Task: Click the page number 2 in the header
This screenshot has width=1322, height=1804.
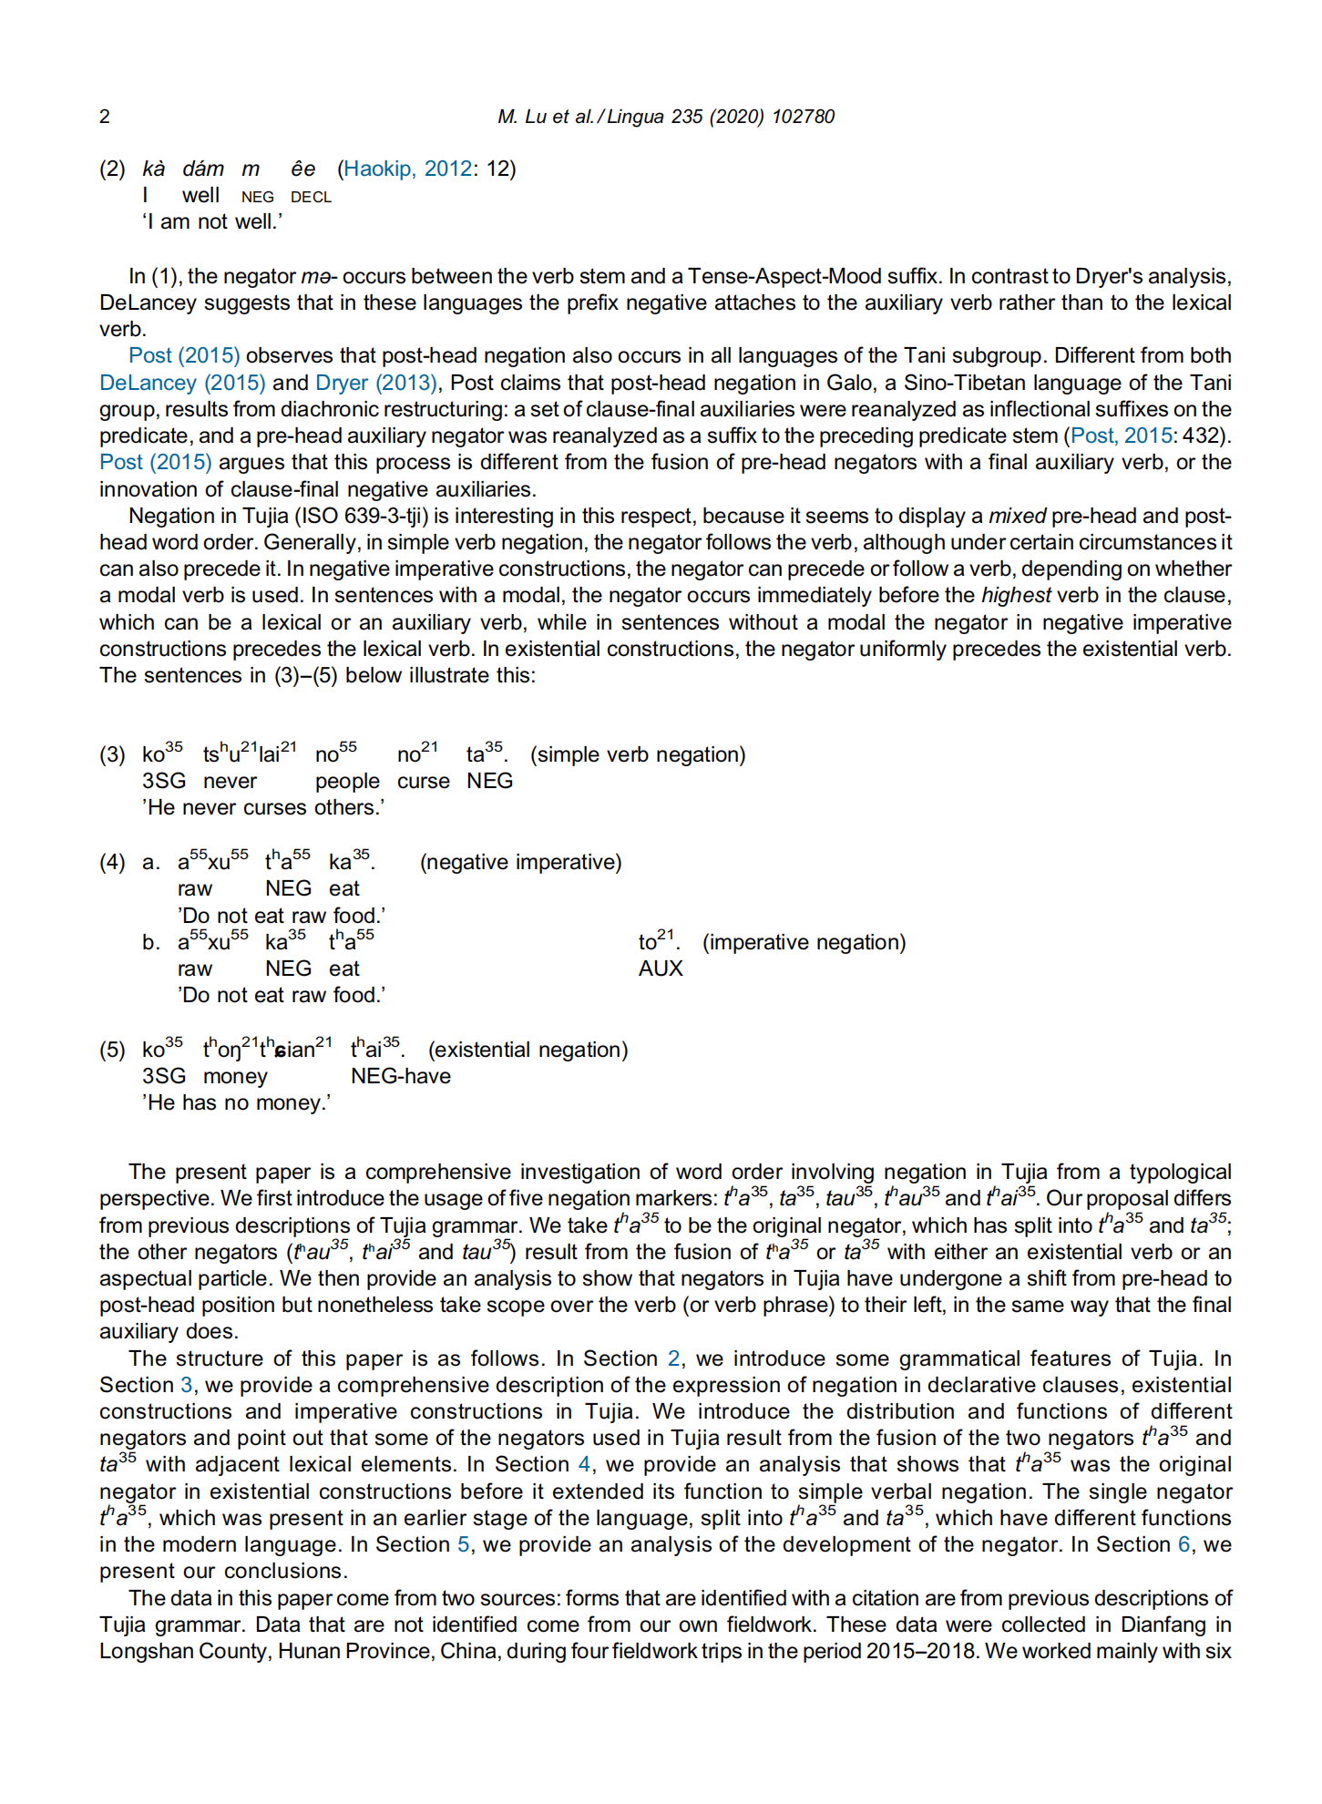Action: point(105,117)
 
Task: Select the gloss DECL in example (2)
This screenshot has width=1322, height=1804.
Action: point(311,197)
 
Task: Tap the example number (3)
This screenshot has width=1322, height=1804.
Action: point(113,754)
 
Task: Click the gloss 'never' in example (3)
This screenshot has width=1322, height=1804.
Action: point(230,781)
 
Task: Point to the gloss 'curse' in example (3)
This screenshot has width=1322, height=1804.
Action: point(423,781)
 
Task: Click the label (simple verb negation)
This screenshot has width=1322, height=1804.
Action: point(638,754)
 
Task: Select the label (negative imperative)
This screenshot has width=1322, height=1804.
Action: point(520,862)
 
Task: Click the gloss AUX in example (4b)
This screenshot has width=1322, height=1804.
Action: point(661,969)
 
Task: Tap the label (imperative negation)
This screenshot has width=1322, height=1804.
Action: point(804,942)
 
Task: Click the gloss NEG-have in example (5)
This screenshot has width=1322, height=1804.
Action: point(401,1076)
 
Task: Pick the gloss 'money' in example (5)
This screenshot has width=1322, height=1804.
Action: point(235,1076)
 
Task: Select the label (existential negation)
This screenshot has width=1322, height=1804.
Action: point(528,1050)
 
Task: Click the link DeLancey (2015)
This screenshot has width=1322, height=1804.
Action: point(182,383)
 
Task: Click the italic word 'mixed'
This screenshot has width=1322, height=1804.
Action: point(1017,516)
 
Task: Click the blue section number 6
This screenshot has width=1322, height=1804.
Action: point(1184,1544)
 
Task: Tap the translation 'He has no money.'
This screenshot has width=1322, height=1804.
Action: point(236,1102)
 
